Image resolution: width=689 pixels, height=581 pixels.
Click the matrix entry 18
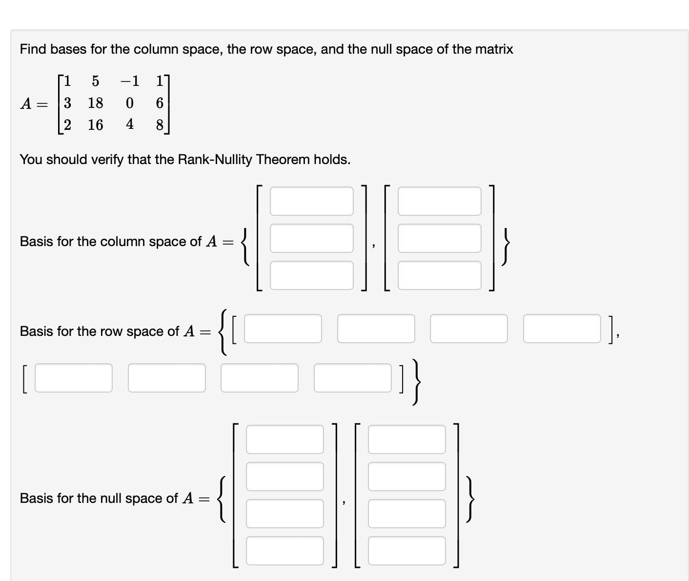[95, 103]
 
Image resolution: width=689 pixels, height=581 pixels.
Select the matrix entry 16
[95, 125]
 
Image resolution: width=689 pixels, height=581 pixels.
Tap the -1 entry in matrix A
[129, 81]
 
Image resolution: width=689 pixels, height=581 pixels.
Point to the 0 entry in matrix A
[129, 103]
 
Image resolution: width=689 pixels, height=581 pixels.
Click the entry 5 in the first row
[95, 81]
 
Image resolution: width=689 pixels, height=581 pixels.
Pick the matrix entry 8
[160, 125]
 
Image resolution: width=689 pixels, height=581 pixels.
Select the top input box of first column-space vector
[311, 201]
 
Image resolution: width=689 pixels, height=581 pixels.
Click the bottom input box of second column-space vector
[439, 275]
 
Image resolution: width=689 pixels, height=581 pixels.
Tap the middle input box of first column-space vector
[311, 238]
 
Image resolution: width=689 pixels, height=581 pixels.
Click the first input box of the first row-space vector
[283, 329]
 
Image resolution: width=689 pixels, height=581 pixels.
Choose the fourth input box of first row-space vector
[562, 329]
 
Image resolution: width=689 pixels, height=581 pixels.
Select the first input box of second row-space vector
[74, 378]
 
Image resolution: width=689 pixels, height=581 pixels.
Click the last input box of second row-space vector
[352, 378]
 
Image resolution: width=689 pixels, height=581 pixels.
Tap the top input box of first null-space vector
[284, 439]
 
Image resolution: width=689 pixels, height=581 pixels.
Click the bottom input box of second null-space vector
[406, 551]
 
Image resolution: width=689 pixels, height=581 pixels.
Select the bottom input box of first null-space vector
[284, 551]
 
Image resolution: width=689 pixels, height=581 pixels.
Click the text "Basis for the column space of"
[111, 242]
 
